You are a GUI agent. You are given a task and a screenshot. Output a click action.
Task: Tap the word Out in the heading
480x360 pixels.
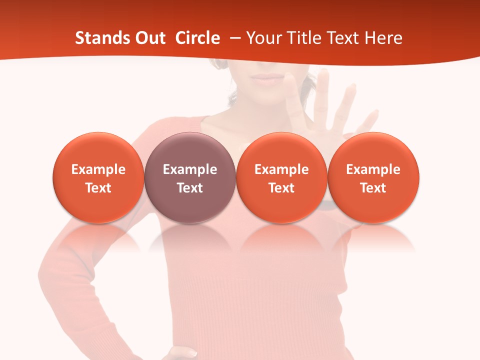[x=149, y=38]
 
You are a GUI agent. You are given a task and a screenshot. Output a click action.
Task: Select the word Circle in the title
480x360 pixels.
[x=197, y=38]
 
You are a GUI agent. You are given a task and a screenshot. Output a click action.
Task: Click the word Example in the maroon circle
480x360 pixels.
[x=190, y=169]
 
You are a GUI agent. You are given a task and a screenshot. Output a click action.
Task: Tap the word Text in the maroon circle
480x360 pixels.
[x=190, y=188]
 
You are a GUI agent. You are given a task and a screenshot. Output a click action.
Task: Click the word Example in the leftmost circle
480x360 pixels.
[x=98, y=169]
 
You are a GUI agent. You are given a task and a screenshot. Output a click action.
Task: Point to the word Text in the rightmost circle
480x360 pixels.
[x=373, y=188]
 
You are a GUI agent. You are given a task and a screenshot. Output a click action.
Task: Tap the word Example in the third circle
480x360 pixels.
[x=281, y=169]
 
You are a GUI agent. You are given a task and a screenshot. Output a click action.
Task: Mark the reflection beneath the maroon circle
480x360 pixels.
[x=190, y=237]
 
